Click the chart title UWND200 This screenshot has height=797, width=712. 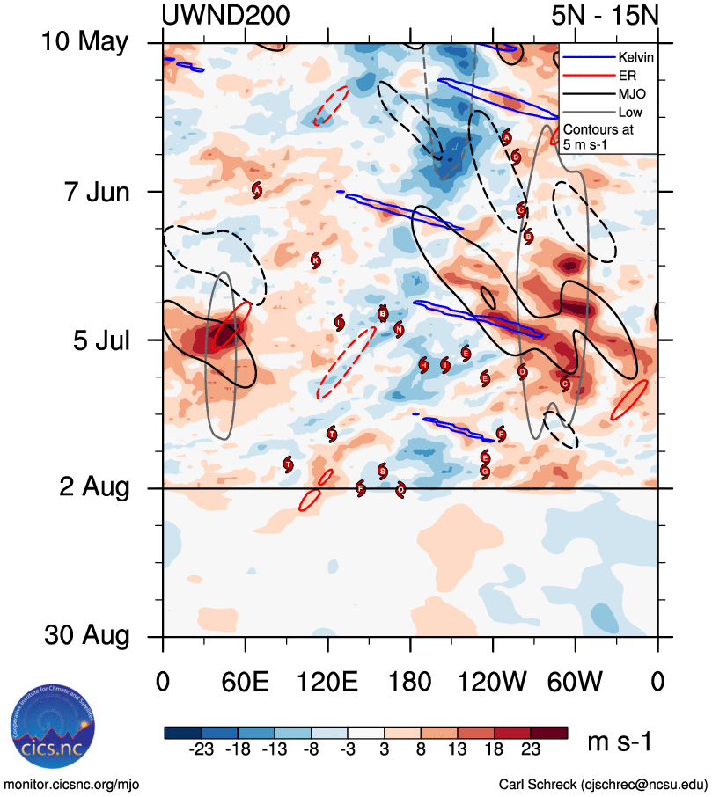pos(226,16)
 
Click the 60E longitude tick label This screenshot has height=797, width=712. pos(246,683)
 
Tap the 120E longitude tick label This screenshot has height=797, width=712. pos(327,683)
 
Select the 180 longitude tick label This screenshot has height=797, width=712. pos(410,683)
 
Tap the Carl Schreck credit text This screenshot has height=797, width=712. pos(602,783)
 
